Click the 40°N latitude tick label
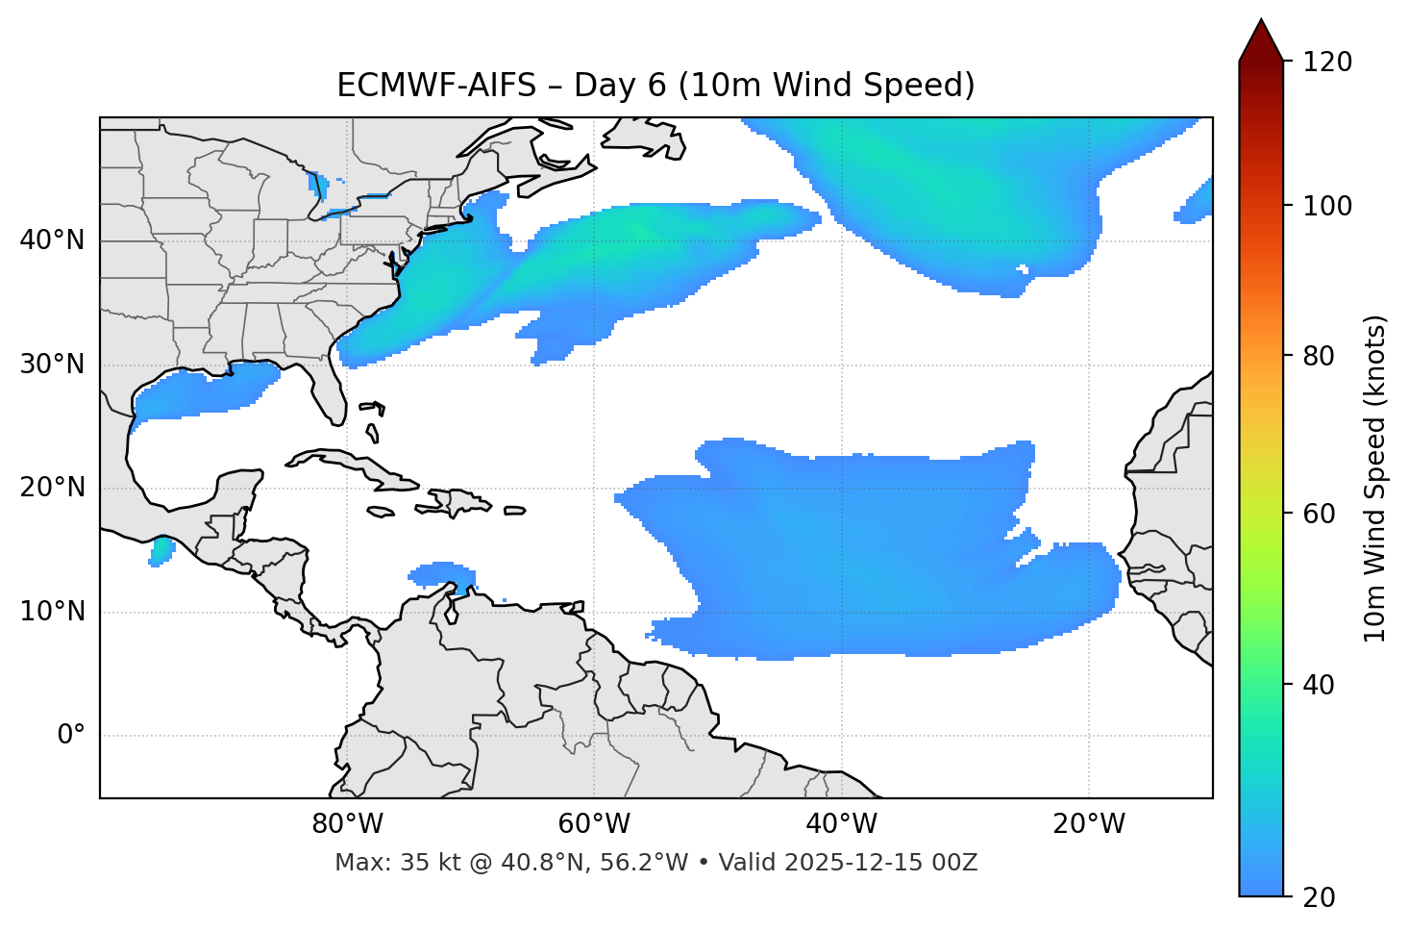[52, 240]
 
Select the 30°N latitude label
[52, 365]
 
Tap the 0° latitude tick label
[71, 736]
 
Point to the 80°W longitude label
[347, 824]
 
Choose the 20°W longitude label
[1089, 824]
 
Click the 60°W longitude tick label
[594, 824]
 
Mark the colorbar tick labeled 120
[1327, 62]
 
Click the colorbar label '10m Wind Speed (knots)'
[1375, 478]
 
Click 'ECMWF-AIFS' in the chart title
[436, 86]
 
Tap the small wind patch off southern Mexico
[161, 551]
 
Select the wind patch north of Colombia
[442, 573]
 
